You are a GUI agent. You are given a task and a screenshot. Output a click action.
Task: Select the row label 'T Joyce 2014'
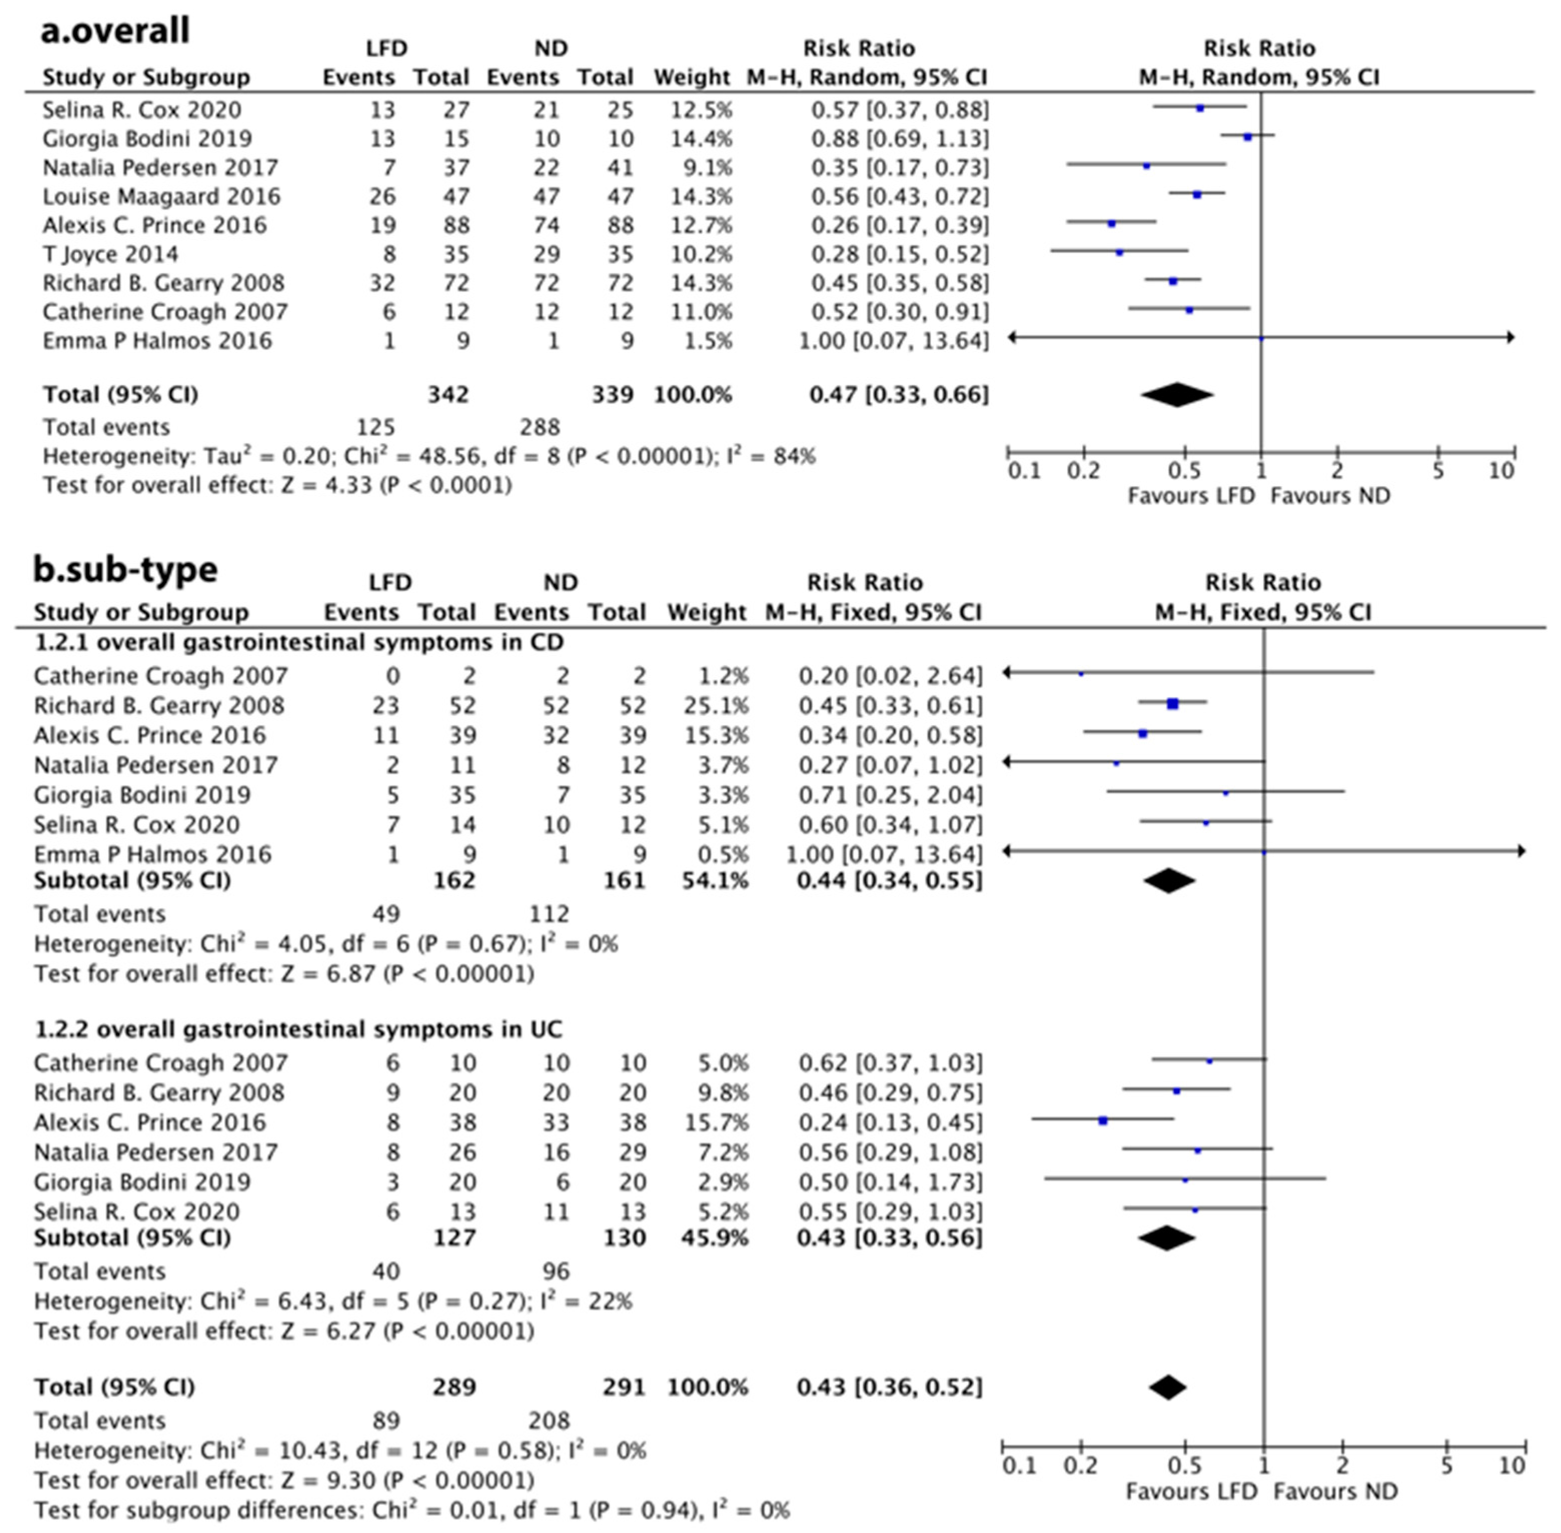(x=111, y=254)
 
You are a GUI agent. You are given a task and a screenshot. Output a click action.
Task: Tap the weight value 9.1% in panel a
(x=701, y=167)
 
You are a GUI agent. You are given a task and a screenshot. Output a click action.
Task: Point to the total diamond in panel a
(x=1177, y=394)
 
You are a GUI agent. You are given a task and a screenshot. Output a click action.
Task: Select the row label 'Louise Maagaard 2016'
(x=161, y=196)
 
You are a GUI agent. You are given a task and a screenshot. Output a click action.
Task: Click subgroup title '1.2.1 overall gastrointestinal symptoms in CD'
(x=299, y=642)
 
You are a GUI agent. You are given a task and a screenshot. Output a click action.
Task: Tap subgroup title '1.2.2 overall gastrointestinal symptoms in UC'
(x=298, y=1030)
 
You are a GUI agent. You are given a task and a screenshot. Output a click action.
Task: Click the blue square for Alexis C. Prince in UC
(x=1103, y=1121)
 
